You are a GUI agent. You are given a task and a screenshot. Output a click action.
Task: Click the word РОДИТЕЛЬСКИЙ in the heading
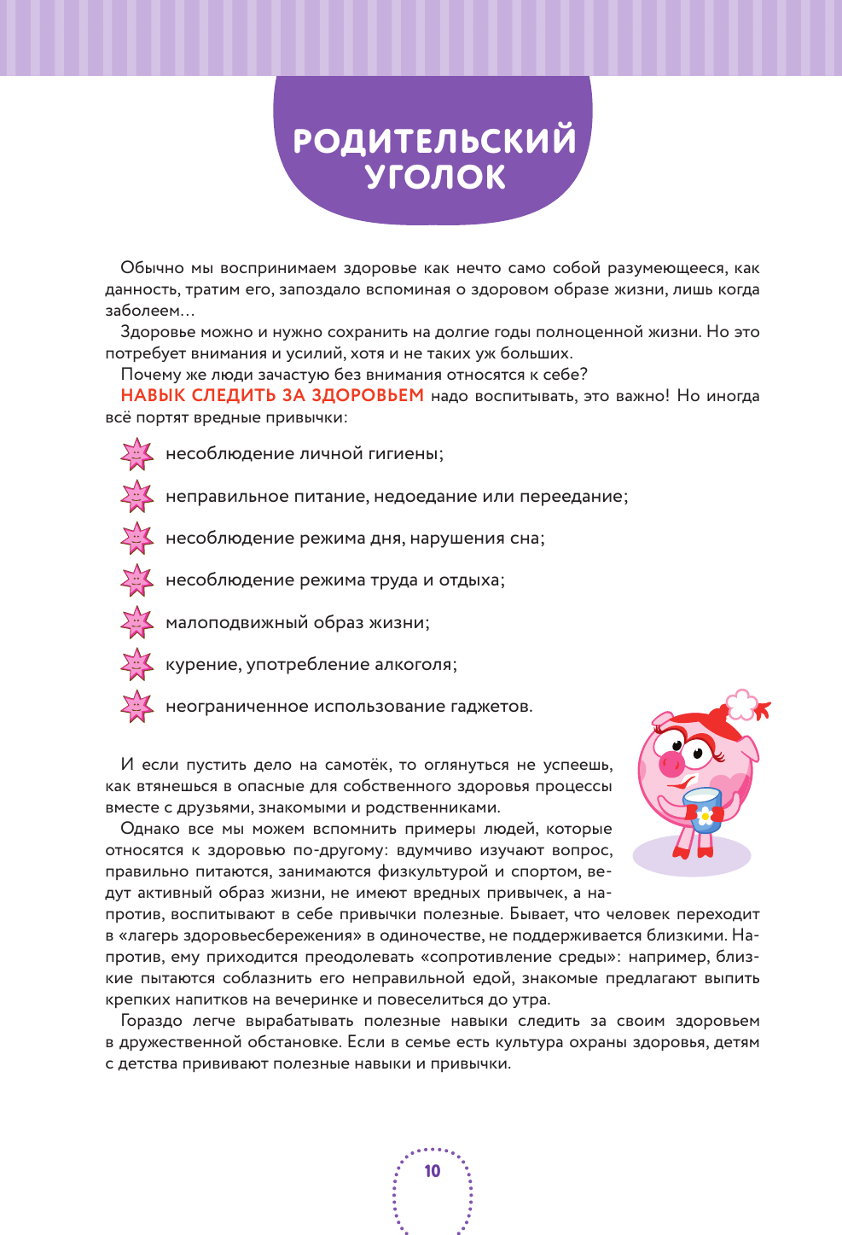pyautogui.click(x=434, y=141)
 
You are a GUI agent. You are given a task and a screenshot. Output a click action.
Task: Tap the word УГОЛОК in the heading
pyautogui.click(x=435, y=178)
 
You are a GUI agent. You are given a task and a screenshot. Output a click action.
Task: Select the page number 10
pyautogui.click(x=433, y=1171)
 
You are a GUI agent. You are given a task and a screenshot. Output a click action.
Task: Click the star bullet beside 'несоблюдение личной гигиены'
pyautogui.click(x=136, y=454)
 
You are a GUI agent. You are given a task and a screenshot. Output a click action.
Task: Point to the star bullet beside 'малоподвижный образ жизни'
pyautogui.click(x=136, y=622)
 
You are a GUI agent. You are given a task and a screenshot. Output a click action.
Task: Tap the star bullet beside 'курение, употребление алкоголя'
pyautogui.click(x=136, y=664)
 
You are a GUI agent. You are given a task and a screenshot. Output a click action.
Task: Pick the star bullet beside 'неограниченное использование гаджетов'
pyautogui.click(x=136, y=706)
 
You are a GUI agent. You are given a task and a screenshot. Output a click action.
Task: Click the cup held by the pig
pyautogui.click(x=703, y=807)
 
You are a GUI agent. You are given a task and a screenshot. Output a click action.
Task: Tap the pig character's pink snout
pyautogui.click(x=672, y=759)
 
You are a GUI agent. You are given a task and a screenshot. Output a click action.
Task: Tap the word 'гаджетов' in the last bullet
pyautogui.click(x=490, y=707)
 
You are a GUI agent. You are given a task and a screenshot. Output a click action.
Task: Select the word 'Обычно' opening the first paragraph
pyautogui.click(x=152, y=268)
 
